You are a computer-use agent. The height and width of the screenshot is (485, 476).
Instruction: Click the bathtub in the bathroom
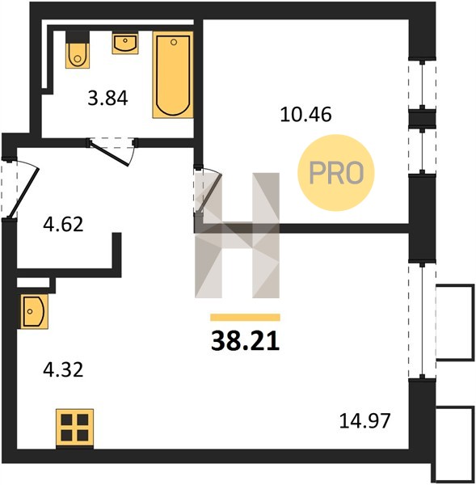pyautogui.click(x=173, y=74)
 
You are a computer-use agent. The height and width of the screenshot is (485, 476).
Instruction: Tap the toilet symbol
pyautogui.click(x=78, y=49)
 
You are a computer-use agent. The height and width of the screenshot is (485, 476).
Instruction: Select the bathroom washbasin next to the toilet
pyautogui.click(x=125, y=43)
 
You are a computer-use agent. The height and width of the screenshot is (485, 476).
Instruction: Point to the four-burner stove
pyautogui.click(x=74, y=428)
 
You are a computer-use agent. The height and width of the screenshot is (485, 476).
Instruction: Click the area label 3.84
pyautogui.click(x=107, y=99)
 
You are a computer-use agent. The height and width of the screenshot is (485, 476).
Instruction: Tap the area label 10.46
pyautogui.click(x=306, y=114)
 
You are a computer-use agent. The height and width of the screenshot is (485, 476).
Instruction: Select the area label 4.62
pyautogui.click(x=63, y=225)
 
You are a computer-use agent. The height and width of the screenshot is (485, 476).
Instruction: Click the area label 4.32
pyautogui.click(x=63, y=370)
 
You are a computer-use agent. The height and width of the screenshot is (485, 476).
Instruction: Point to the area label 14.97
pyautogui.click(x=365, y=421)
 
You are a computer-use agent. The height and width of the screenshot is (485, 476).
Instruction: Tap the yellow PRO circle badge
pyautogui.click(x=336, y=173)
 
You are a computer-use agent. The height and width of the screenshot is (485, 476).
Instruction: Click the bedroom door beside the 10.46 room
pyautogui.click(x=209, y=192)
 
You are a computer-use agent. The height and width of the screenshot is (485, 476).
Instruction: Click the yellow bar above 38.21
pyautogui.click(x=245, y=318)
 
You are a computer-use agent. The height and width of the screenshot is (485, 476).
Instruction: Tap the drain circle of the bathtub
pyautogui.click(x=174, y=42)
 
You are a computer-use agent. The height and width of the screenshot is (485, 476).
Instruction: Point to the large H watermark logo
pyautogui.click(x=238, y=235)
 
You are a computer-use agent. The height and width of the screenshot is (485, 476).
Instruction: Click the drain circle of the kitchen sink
pyautogui.click(x=30, y=311)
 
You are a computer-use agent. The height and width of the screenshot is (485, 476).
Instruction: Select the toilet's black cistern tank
pyautogui.click(x=78, y=37)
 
